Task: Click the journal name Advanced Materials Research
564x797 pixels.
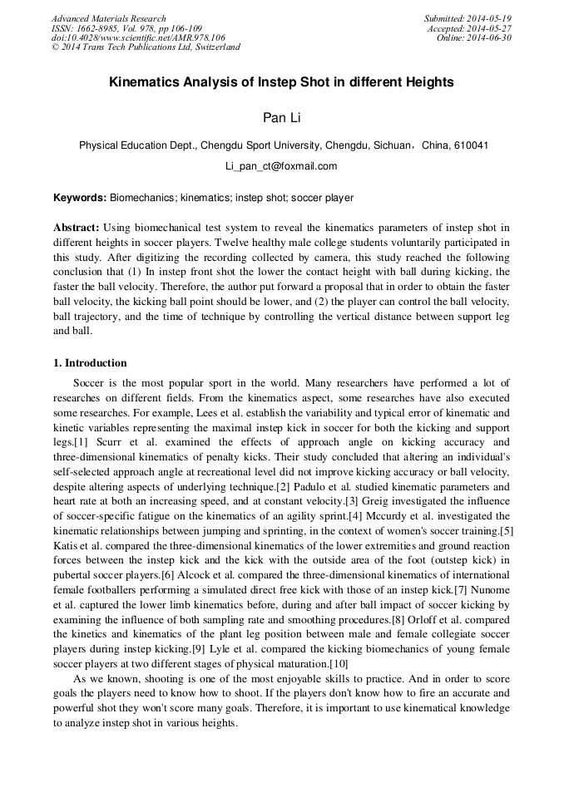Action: [x=108, y=18]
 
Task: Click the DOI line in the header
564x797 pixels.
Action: [x=138, y=37]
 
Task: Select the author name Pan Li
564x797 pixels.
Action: [x=281, y=118]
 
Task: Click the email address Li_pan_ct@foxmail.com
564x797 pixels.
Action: [x=281, y=166]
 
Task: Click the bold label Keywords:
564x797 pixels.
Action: [x=80, y=199]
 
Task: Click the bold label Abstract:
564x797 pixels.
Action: [x=77, y=227]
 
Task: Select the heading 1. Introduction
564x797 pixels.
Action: [x=90, y=363]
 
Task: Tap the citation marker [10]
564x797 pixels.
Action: [x=339, y=664]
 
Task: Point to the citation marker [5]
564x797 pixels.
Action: [x=505, y=529]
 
